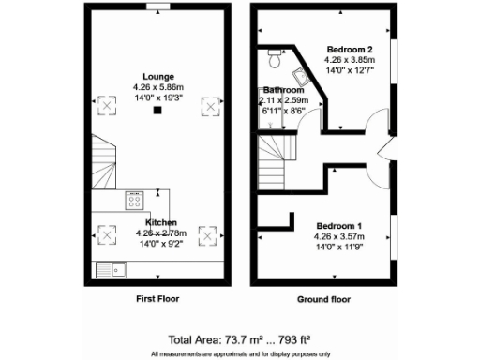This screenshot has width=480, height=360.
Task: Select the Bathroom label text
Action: point(281,90)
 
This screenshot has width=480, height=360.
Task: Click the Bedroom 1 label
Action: point(338,227)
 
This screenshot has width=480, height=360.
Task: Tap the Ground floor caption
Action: point(323,300)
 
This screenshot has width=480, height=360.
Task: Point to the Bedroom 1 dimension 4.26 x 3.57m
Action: point(338,237)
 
